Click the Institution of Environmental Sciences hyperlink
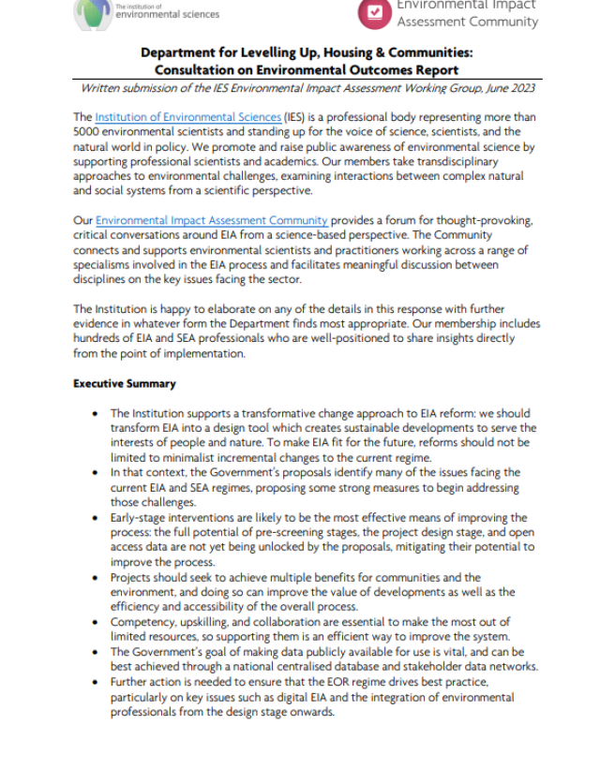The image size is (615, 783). [188, 117]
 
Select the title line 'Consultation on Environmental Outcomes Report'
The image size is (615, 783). [307, 69]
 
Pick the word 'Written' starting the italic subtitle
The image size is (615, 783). [101, 88]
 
